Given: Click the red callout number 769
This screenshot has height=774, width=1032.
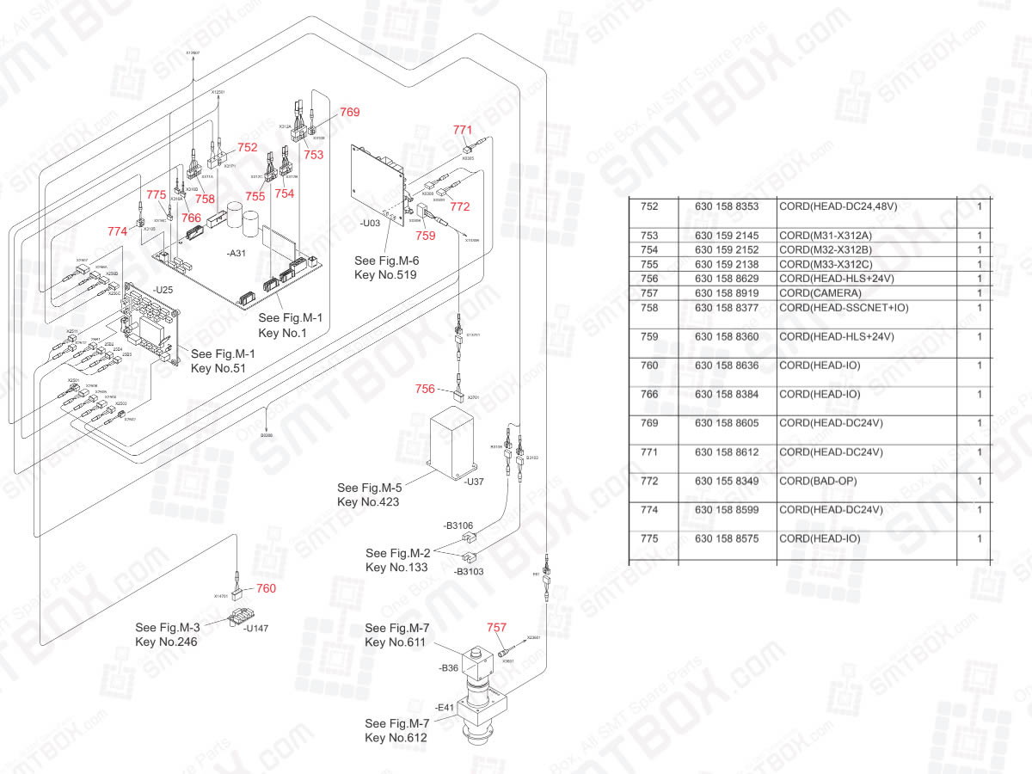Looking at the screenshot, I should tap(349, 112).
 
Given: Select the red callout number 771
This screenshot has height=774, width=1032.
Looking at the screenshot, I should tap(463, 130).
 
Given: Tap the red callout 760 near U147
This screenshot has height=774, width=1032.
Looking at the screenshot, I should tap(267, 589).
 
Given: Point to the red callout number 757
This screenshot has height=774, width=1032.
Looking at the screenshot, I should tap(497, 629).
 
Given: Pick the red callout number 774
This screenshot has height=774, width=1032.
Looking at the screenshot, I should tap(118, 231).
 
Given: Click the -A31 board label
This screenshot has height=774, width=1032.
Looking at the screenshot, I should tap(236, 255).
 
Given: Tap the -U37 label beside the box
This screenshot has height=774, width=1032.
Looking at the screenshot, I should tap(474, 482).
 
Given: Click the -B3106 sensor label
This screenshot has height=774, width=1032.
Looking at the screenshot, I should tap(457, 525).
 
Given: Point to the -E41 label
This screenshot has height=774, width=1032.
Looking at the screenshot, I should tap(445, 708).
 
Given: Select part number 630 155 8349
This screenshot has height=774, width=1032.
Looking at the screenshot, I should tap(727, 481).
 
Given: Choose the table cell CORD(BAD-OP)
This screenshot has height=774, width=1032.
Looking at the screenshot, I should tap(818, 481).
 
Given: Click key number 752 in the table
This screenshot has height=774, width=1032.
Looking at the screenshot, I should tap(650, 206).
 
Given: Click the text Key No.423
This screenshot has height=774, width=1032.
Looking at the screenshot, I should tap(368, 501).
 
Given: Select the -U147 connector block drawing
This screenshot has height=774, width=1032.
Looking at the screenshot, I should tap(242, 617).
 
